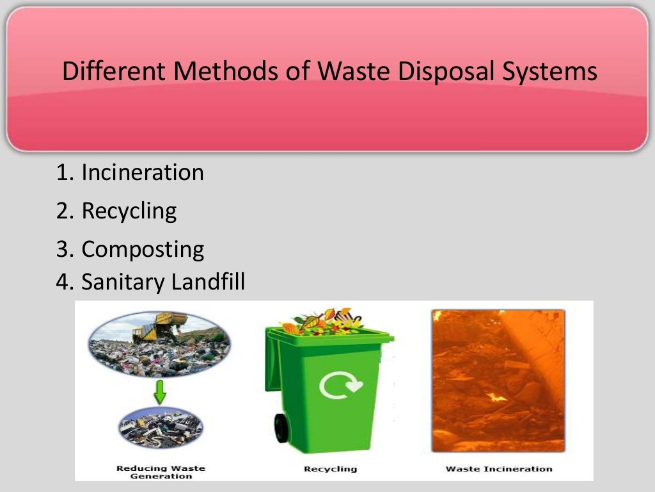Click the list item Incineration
142,172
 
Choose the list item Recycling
129,211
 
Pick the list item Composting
142,249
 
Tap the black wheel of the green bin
281,428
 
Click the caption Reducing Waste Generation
160,472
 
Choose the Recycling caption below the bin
330,469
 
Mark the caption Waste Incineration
498,469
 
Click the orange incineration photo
498,381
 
